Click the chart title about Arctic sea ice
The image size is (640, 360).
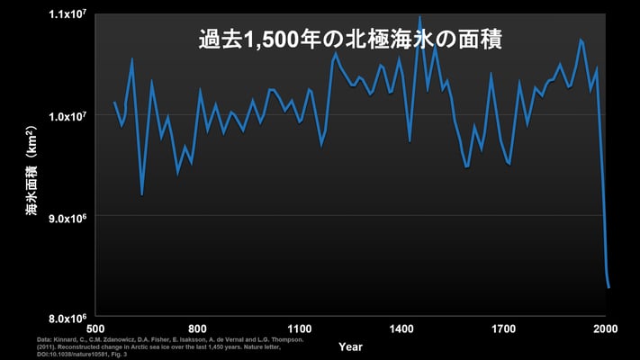tap(349, 40)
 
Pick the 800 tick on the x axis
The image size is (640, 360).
tap(199, 328)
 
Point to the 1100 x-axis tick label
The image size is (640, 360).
tap(300, 328)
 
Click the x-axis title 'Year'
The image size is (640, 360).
tap(351, 346)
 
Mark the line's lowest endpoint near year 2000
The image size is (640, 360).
tap(609, 287)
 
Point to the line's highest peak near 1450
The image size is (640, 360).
tap(419, 16)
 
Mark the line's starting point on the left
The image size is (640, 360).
tap(114, 102)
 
